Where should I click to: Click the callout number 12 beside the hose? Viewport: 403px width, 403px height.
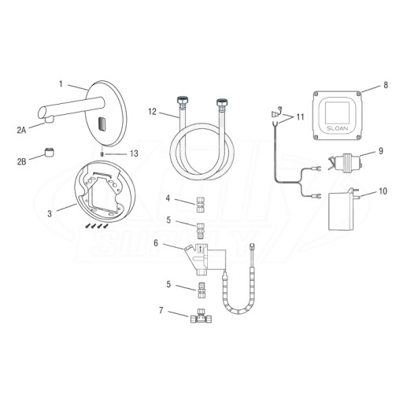[152, 112]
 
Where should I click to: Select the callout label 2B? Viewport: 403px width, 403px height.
[22, 161]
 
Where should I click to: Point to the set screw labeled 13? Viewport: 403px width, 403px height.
[102, 153]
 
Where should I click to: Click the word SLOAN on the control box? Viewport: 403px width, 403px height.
[337, 128]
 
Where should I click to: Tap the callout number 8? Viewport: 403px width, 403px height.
[386, 85]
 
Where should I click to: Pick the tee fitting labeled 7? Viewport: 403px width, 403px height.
[201, 317]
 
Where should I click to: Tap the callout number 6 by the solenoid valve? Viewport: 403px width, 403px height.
[156, 243]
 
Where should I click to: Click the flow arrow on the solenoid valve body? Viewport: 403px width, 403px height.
[201, 249]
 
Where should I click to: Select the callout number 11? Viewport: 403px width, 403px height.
[300, 116]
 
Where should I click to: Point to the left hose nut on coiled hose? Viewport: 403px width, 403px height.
[181, 102]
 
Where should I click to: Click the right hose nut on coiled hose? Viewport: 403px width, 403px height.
[222, 103]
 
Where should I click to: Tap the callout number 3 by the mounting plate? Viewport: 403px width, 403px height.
[50, 214]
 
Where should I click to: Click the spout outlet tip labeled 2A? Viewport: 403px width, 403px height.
[49, 120]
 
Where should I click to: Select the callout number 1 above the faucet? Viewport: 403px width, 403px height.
[61, 84]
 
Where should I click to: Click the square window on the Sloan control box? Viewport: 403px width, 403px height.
[337, 113]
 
